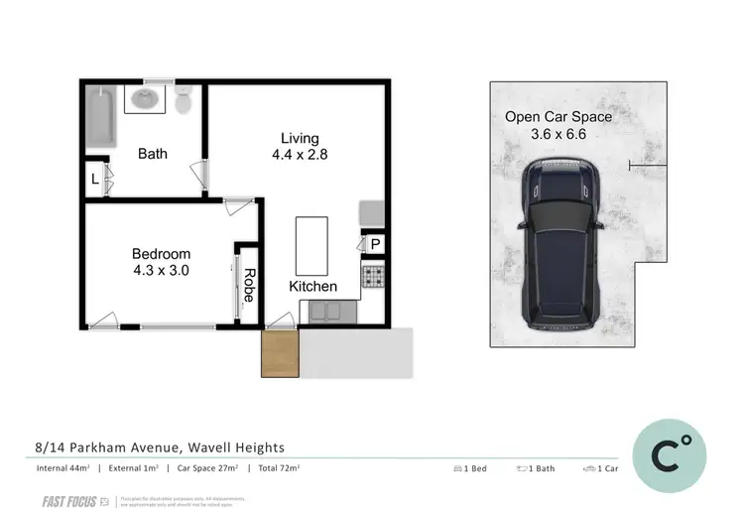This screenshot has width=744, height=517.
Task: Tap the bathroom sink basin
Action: [145, 98]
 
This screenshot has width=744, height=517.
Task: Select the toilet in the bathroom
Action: [183, 100]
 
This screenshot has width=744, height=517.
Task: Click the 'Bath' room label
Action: [152, 154]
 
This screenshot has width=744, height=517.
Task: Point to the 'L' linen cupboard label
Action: [94, 180]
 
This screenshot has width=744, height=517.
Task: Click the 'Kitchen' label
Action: [312, 287]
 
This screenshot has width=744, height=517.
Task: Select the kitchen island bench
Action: [311, 243]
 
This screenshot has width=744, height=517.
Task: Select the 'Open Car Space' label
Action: [558, 117]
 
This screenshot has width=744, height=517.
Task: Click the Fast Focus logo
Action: [69, 502]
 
